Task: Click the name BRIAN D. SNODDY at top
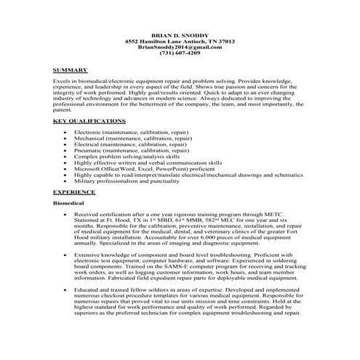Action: tap(180, 36)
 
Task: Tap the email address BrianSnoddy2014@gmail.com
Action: tap(180, 47)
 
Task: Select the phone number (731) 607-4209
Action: tap(180, 54)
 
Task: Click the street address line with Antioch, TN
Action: tap(180, 41)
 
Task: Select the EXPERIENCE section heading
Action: tap(74, 191)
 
